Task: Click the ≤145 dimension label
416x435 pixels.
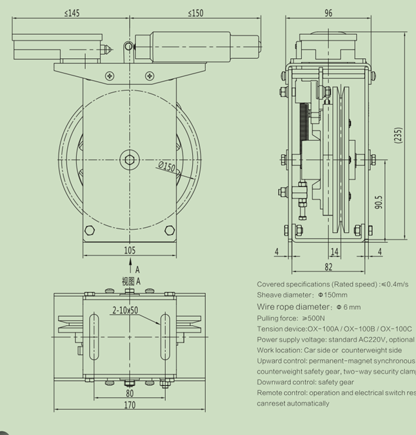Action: tap(72, 13)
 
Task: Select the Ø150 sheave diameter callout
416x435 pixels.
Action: tap(166, 167)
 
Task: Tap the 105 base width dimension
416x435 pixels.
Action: tap(130, 250)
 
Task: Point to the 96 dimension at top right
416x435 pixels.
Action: tap(328, 13)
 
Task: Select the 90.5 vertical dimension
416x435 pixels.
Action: tap(380, 202)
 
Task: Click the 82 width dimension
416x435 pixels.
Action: tap(328, 267)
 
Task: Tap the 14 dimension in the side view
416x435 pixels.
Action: tap(335, 252)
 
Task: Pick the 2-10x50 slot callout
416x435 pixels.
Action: tap(124, 310)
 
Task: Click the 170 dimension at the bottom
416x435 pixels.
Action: tap(130, 405)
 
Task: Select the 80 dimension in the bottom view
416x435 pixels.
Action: tap(130, 393)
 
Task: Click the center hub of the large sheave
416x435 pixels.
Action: tap(130, 159)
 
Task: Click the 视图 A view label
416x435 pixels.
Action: tap(131, 281)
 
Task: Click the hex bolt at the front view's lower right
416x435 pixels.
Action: tap(170, 230)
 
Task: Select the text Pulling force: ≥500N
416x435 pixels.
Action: tap(291, 318)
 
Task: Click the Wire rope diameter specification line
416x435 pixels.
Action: tap(309, 307)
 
